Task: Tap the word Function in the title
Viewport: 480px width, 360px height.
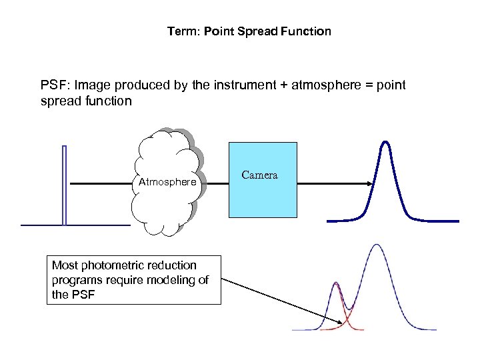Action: [x=307, y=31]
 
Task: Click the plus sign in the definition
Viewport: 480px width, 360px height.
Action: [x=283, y=85]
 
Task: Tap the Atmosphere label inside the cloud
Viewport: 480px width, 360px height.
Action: [x=167, y=182]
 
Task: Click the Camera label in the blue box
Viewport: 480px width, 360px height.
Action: [x=259, y=175]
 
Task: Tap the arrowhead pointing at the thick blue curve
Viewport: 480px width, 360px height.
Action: [x=369, y=183]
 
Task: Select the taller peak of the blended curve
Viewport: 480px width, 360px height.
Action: [x=377, y=245]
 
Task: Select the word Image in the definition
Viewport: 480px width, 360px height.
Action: [x=91, y=85]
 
